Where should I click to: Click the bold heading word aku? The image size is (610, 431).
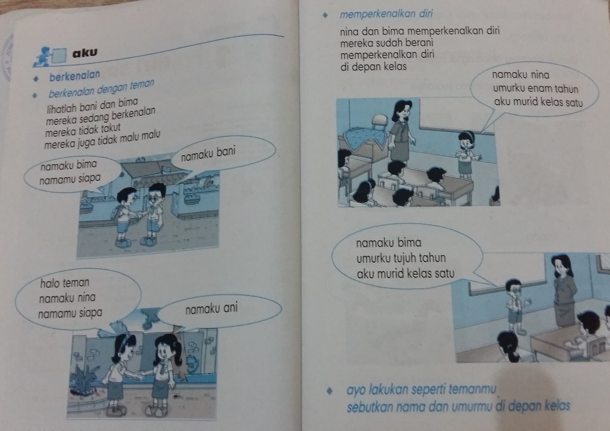(x=85, y=53)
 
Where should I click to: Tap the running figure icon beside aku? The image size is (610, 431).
(x=42, y=56)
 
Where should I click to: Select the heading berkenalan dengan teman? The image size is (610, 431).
(x=101, y=89)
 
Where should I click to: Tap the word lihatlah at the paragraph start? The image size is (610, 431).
(x=62, y=108)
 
